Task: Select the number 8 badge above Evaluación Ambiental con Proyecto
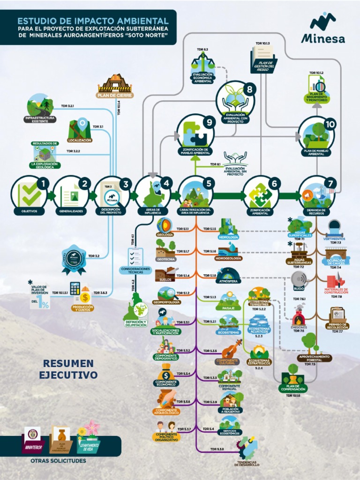click(x=249, y=89)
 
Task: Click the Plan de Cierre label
click(x=115, y=95)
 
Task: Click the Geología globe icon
click(x=165, y=225)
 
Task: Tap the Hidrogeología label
click(x=228, y=258)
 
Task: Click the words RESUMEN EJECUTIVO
click(x=68, y=369)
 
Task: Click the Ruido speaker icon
click(x=299, y=280)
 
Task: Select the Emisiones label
click(x=299, y=327)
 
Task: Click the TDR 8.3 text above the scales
click(x=202, y=49)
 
